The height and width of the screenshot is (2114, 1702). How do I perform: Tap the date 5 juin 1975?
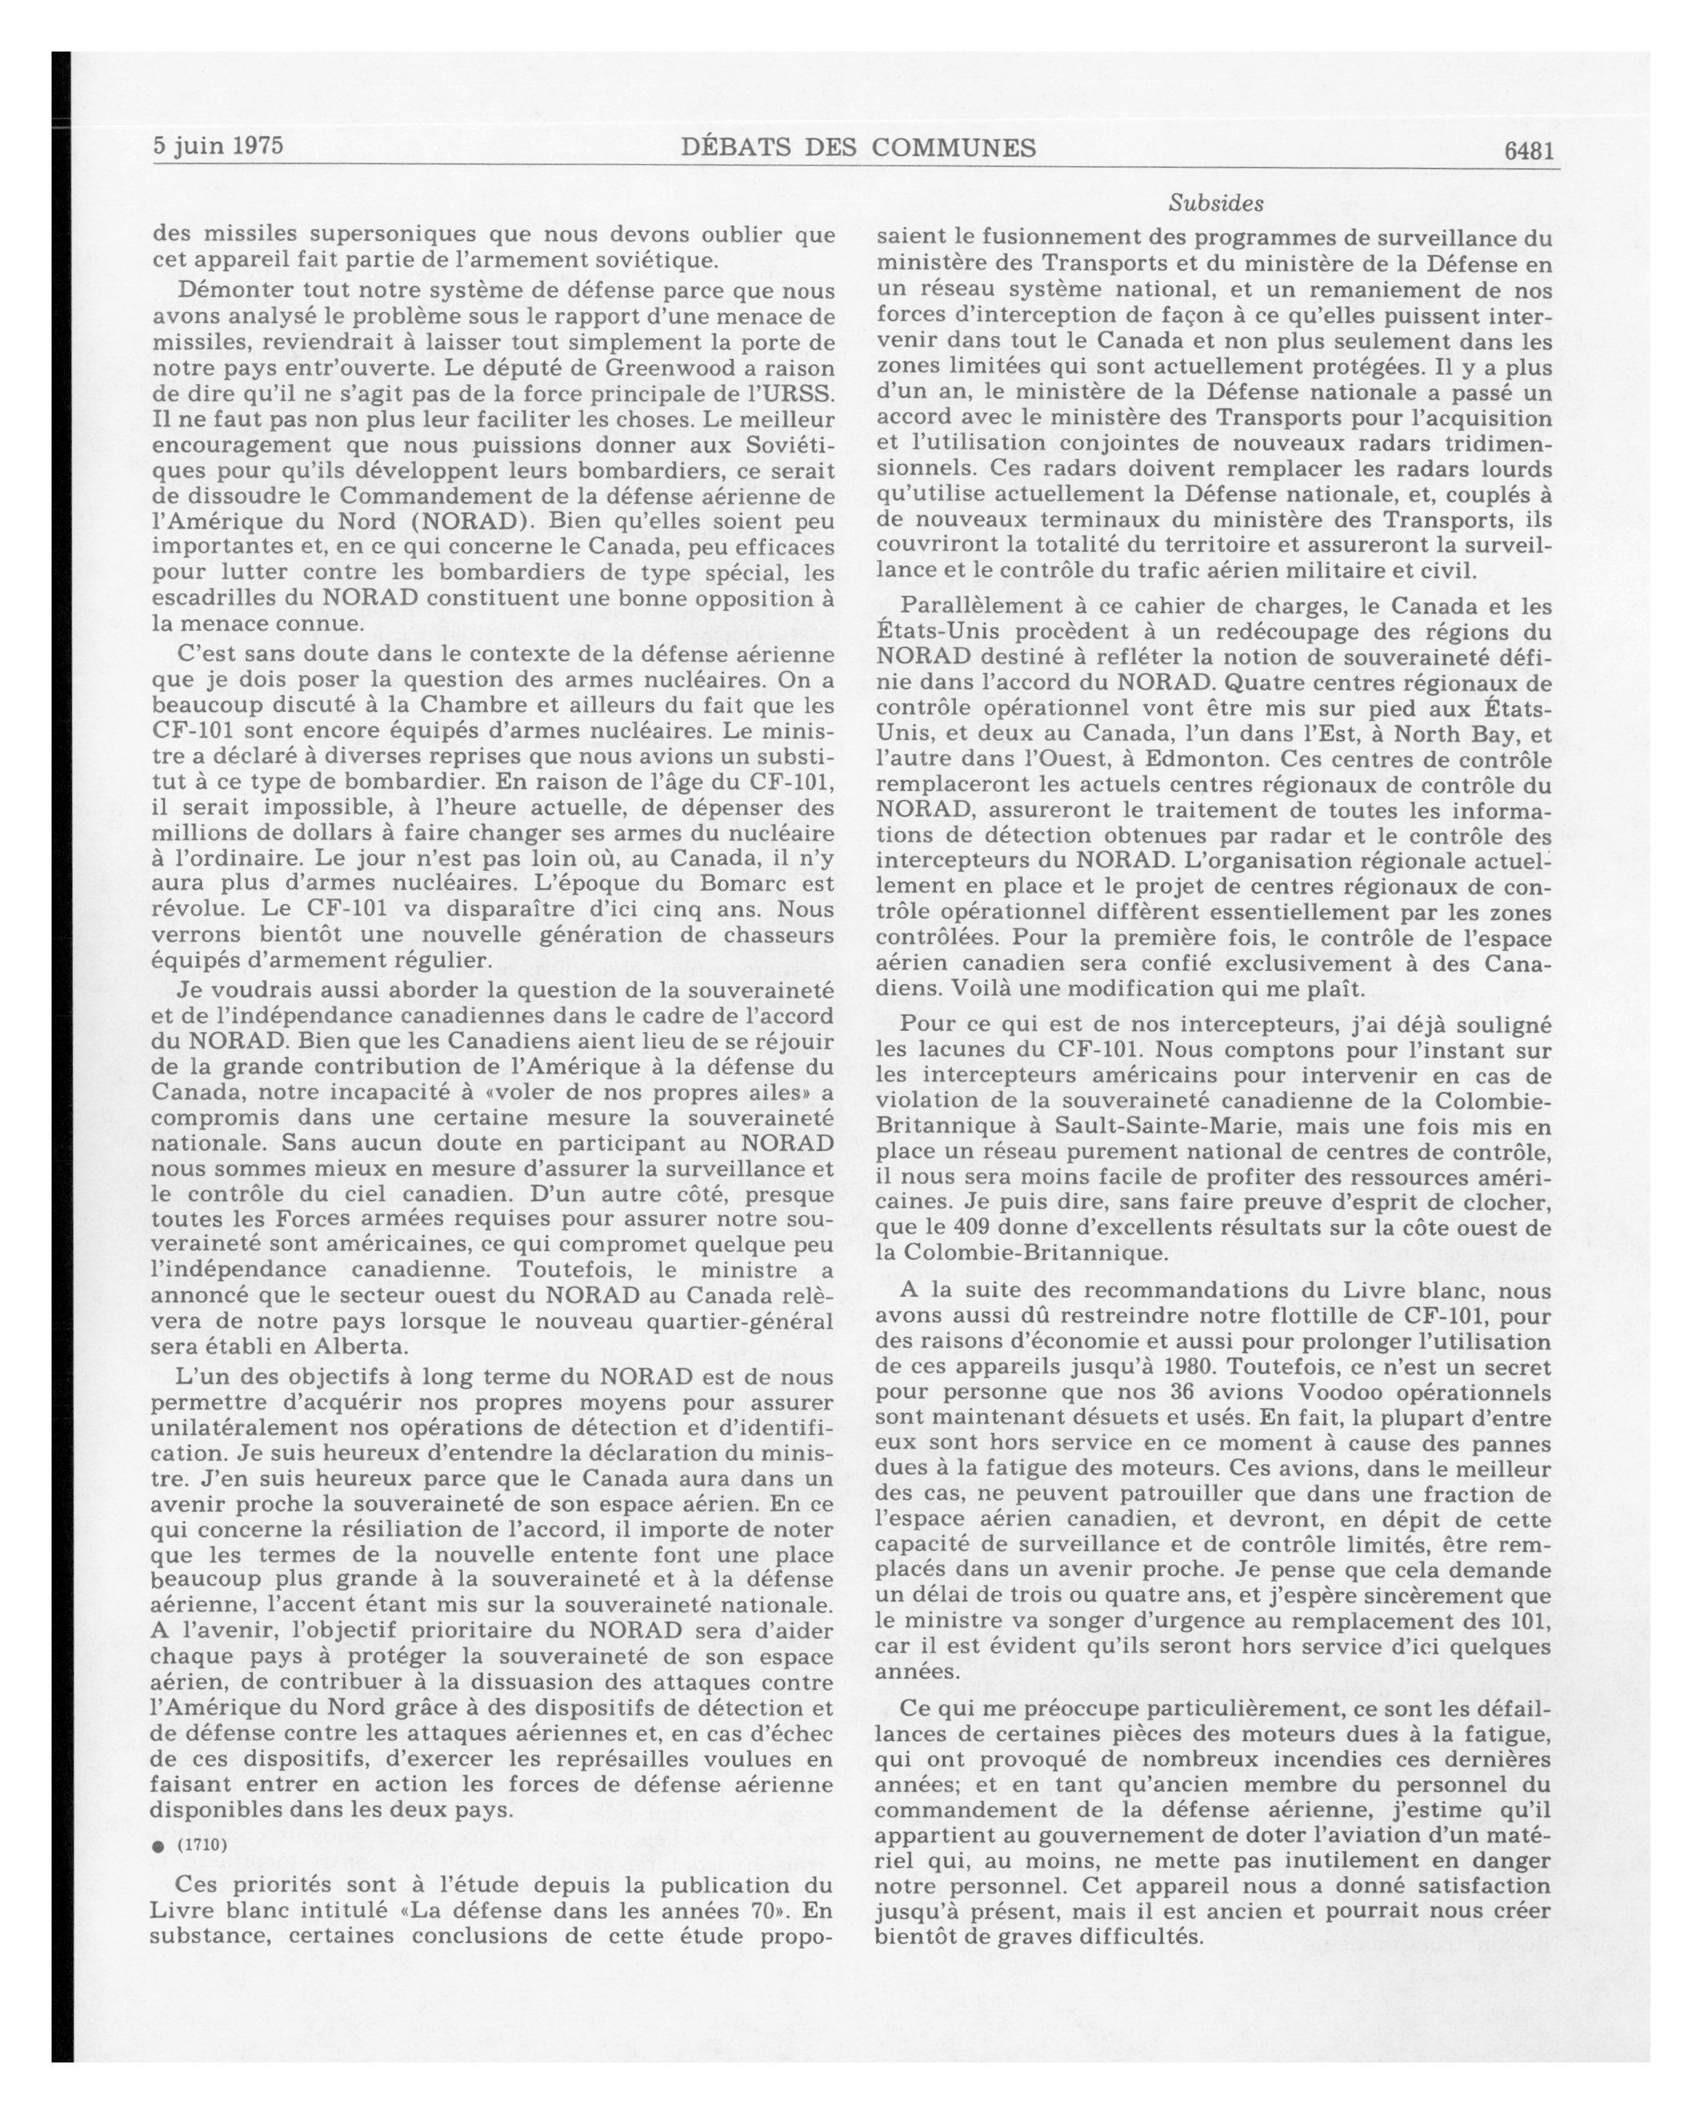click(x=218, y=146)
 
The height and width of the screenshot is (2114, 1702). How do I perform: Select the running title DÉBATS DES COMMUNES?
click(x=858, y=148)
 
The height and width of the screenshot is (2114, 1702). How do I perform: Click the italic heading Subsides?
click(x=1215, y=204)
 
